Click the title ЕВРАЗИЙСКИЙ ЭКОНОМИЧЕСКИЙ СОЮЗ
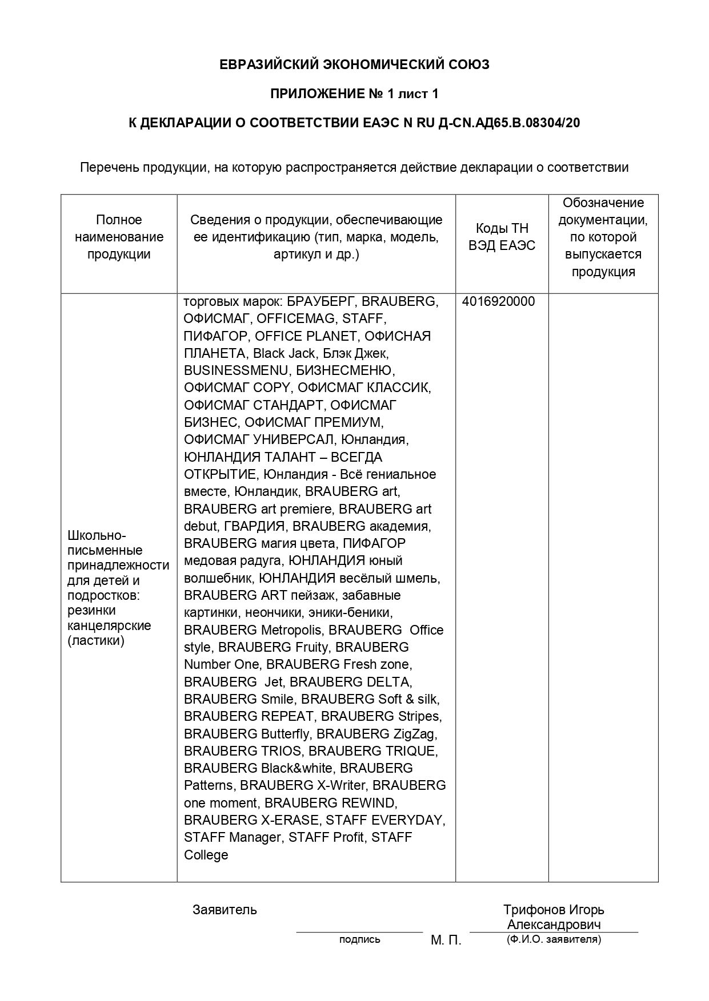pos(354,65)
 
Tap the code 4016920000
pos(498,302)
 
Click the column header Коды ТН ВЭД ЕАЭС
pos(502,237)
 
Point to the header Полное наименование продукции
pos(119,237)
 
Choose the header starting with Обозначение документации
pos(603,237)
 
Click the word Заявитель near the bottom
pos(225,910)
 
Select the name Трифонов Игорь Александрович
pos(554,917)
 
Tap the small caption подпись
pos(359,939)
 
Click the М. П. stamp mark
pos(446,941)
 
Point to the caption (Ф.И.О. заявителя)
pos(554,939)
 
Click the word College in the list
pos(206,855)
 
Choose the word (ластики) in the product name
pos(96,641)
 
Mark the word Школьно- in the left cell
pos(97,535)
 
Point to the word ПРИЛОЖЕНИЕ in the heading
pos(315,94)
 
